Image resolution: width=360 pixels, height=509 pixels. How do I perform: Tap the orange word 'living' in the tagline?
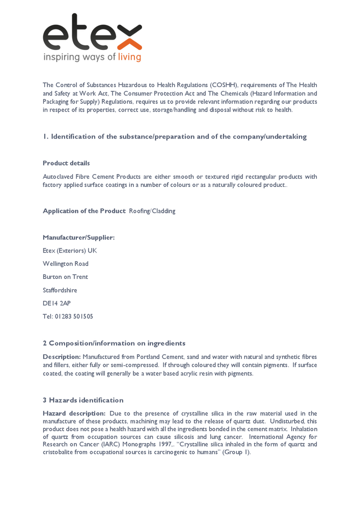[x=129, y=57]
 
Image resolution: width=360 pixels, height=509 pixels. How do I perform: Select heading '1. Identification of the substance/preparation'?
[x=175, y=136]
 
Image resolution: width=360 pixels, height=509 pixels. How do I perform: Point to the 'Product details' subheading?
[x=66, y=163]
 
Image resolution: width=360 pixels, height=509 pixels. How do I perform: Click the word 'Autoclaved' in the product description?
[x=58, y=177]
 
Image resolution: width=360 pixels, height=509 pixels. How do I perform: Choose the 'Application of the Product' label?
[x=84, y=211]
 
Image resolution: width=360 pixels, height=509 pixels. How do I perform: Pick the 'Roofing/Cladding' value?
[x=152, y=211]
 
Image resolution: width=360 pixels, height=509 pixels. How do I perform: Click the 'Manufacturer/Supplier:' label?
[x=78, y=237]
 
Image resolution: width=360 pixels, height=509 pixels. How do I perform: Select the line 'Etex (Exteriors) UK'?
[x=70, y=250]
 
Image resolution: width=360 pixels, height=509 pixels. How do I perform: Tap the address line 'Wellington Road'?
[x=66, y=264]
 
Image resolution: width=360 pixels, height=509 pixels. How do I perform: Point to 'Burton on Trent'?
[x=65, y=277]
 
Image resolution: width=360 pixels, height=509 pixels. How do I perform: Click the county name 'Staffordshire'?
[x=61, y=290]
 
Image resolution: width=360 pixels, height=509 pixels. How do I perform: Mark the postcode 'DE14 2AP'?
[x=57, y=303]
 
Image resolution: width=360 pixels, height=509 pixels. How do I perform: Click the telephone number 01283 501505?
[x=74, y=317]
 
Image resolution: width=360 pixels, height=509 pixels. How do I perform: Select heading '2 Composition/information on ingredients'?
[x=114, y=343]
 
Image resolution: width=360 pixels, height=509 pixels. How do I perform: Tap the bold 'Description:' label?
[x=62, y=357]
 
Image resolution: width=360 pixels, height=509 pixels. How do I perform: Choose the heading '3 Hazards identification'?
[x=83, y=400]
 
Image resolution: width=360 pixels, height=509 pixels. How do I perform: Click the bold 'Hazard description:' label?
[x=74, y=413]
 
